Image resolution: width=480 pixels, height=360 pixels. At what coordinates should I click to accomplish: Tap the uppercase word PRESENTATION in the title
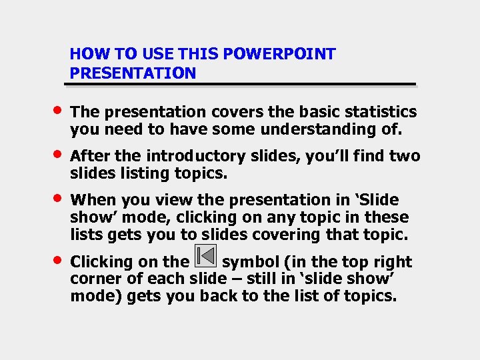(x=133, y=73)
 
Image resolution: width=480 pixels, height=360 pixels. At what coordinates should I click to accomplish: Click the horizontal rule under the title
(x=240, y=85)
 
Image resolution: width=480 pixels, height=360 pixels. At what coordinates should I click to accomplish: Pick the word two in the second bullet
(x=405, y=156)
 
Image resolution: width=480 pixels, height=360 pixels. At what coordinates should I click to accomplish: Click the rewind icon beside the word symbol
(x=206, y=257)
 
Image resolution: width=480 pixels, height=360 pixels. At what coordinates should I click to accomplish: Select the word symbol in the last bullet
(x=250, y=262)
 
